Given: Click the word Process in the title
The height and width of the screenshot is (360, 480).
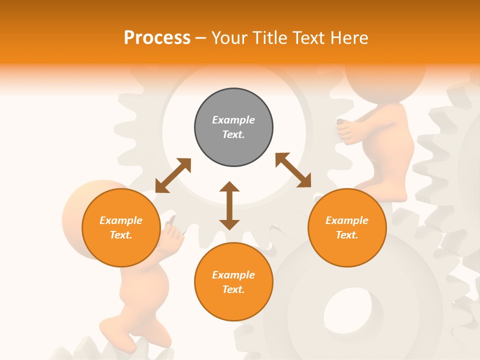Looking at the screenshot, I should [x=157, y=38].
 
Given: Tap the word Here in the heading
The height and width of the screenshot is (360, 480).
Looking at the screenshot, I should [x=348, y=38].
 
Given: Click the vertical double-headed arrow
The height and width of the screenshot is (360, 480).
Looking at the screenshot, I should [x=229, y=205].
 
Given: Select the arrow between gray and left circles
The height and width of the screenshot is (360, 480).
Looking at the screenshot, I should [x=173, y=175].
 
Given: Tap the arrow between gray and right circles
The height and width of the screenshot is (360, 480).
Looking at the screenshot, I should [x=293, y=170].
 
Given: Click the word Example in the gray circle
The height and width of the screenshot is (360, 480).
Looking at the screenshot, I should [x=233, y=120].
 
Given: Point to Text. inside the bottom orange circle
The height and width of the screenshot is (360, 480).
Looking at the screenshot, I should [x=233, y=289].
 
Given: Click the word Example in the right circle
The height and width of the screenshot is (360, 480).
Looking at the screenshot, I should [x=347, y=220].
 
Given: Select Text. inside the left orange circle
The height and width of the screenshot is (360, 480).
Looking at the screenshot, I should [x=121, y=235].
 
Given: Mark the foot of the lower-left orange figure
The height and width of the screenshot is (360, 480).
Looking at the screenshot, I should [x=120, y=332].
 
